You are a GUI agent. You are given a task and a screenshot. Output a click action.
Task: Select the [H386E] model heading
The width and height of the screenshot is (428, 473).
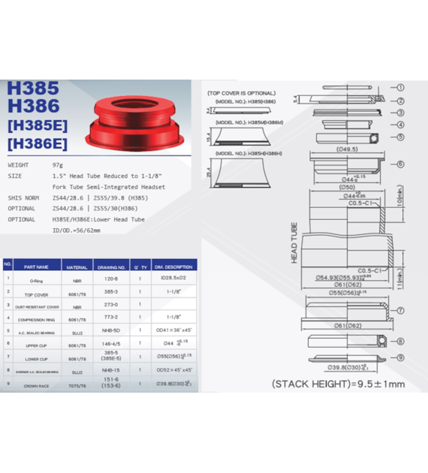[x=37, y=143]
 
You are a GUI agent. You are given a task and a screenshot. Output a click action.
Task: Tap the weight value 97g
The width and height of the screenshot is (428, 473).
[x=58, y=164]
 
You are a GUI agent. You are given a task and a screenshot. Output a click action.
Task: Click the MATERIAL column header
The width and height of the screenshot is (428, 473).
[x=77, y=267]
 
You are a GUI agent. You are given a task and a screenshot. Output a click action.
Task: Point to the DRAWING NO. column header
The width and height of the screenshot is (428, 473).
[x=111, y=267]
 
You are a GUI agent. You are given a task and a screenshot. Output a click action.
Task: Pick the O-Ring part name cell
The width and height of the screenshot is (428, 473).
[x=35, y=280]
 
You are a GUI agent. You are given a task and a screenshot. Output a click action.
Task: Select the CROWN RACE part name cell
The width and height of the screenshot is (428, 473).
[x=35, y=385]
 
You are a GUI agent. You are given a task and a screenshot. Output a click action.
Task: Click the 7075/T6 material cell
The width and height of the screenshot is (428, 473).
[x=77, y=385]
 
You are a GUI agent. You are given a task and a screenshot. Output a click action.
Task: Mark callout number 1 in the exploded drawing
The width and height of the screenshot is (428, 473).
[x=400, y=88]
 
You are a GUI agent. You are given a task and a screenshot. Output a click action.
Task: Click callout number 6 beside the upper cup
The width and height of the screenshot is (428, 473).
[x=400, y=164]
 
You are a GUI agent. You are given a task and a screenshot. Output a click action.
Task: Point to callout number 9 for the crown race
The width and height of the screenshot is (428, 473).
[x=400, y=358]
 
